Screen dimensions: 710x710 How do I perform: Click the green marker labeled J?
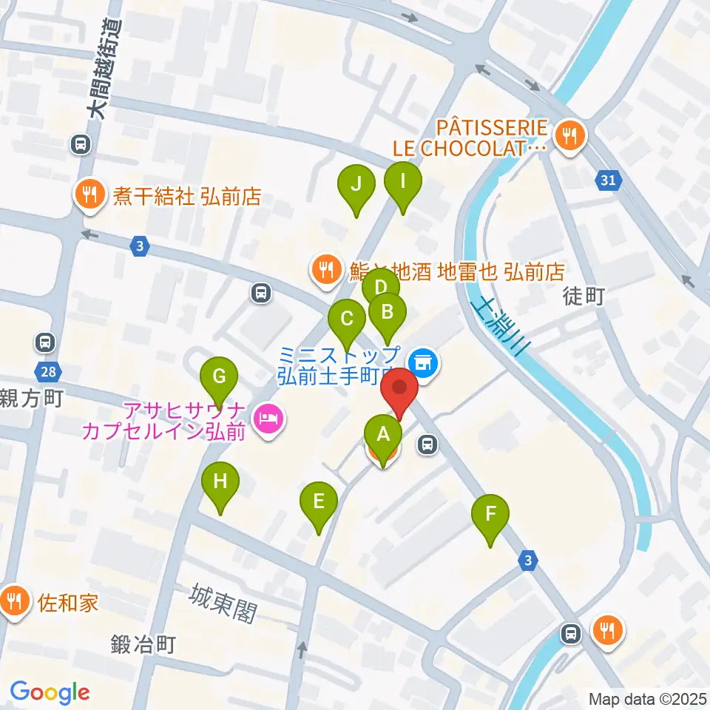(356, 184)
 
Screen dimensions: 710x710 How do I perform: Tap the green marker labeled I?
(403, 181)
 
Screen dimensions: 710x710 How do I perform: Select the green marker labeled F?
(491, 514)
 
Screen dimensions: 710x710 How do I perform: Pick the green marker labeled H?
(220, 482)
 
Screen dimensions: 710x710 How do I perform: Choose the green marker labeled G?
(219, 376)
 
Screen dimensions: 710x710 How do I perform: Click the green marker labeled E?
(319, 503)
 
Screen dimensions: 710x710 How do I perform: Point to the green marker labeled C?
(347, 320)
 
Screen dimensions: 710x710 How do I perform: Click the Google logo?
(50, 692)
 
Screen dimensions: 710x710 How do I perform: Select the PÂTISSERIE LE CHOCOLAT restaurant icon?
(570, 135)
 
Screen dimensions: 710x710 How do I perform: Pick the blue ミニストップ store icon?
(423, 362)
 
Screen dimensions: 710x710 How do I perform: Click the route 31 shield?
(607, 179)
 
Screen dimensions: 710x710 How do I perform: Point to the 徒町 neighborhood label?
(584, 297)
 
